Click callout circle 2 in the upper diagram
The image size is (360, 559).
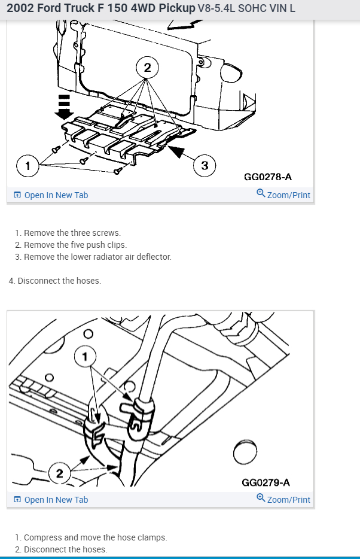[x=147, y=68]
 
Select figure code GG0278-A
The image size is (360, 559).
[x=268, y=177]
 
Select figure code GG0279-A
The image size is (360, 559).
[x=266, y=482]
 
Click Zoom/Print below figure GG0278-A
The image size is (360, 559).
[x=283, y=195]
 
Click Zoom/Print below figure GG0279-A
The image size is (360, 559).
[x=283, y=499]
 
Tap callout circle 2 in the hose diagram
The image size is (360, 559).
[x=59, y=474]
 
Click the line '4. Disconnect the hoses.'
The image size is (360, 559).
[x=55, y=281]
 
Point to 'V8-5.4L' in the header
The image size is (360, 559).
[x=214, y=9]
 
